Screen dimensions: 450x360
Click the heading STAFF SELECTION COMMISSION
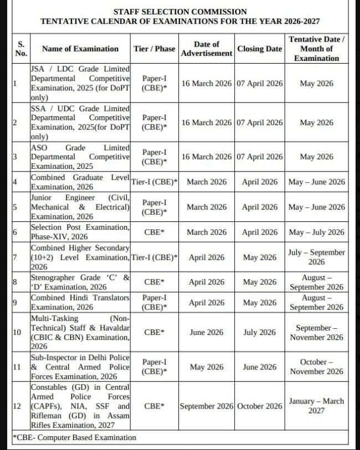[x=180, y=11]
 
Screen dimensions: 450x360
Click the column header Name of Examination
[x=80, y=49]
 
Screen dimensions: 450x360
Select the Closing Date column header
[x=259, y=49]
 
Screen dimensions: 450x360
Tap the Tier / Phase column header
[x=155, y=49]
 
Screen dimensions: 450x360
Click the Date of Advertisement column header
[x=207, y=49]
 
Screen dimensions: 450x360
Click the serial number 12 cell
[x=17, y=406]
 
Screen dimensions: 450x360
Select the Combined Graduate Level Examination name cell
[x=80, y=182]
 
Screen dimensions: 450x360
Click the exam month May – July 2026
[x=316, y=232]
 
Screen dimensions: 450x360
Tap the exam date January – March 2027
[x=316, y=406]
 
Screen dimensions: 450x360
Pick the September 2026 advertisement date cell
[x=207, y=406]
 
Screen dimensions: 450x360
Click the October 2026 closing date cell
[x=259, y=406]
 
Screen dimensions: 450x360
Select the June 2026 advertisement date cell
[x=207, y=333]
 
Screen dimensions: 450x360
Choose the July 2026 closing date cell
[x=259, y=333]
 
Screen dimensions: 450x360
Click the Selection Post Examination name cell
[x=80, y=232]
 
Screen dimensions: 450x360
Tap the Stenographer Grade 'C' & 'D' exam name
[x=80, y=282]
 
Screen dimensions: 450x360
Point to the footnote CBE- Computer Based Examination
[x=74, y=437]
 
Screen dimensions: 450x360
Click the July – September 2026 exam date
[x=316, y=257]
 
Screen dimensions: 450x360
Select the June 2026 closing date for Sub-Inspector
[x=259, y=367]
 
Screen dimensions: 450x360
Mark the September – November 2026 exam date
[x=316, y=333]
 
